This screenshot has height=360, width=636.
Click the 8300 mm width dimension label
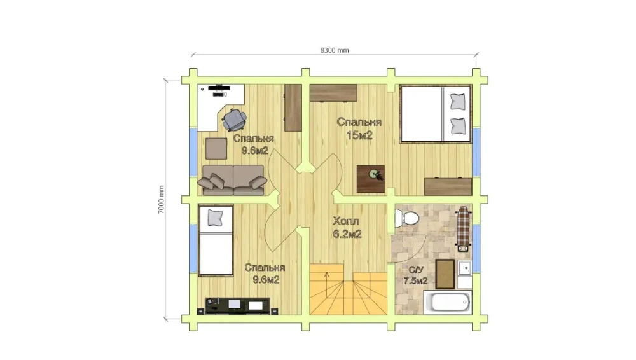point(335,50)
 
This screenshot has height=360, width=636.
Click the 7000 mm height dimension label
point(161,200)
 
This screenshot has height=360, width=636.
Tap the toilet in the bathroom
point(406,219)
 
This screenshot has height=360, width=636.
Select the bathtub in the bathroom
point(448,302)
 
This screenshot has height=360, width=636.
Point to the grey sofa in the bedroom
point(232,180)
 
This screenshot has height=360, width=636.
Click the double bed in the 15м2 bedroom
point(435,114)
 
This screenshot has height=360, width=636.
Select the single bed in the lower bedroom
point(216,240)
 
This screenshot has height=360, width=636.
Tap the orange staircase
point(348,289)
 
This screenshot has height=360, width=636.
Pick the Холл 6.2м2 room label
point(347,227)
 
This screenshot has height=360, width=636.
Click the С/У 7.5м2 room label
point(416,275)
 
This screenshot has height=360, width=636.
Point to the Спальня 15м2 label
point(359,128)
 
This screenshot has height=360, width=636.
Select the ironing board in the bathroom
point(463,228)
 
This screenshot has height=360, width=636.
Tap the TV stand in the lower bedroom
point(237,306)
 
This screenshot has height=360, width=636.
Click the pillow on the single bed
point(215,218)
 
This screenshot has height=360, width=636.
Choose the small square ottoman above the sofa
point(216,149)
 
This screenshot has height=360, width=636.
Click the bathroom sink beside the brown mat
point(465,268)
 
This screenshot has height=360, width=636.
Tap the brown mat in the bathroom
point(445,274)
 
